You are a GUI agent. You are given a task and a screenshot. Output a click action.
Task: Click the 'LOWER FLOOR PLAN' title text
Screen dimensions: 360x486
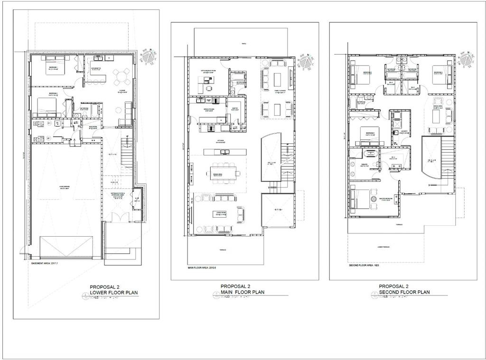pos(114,293)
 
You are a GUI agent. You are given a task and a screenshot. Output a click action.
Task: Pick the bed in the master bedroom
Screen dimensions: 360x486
pos(360,200)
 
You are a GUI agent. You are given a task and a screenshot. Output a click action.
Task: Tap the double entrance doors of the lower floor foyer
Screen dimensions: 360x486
pos(117,217)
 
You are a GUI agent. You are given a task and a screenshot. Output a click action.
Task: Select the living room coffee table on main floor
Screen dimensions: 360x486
pos(219,214)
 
